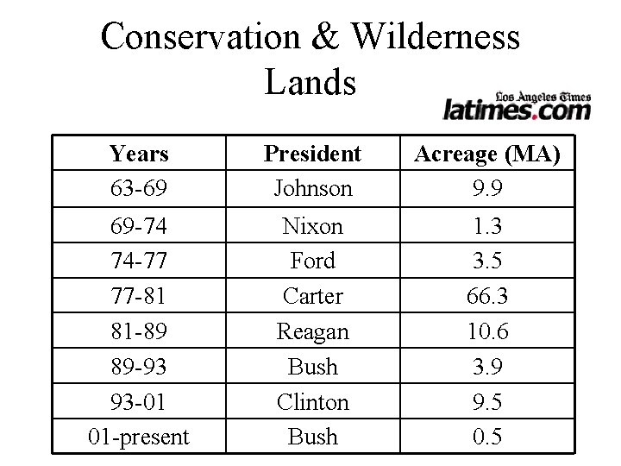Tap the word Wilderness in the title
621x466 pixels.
tap(437, 38)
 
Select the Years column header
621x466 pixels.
tap(139, 154)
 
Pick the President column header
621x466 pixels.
tap(312, 154)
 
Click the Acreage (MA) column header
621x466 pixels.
tap(487, 154)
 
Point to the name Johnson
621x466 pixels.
tap(312, 187)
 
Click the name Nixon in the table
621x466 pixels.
tap(312, 226)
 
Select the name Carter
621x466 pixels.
tap(312, 296)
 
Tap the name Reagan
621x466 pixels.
tap(312, 331)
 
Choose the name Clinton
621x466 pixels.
tap(312, 402)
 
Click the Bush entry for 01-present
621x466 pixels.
tap(312, 437)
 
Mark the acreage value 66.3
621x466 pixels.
tap(487, 296)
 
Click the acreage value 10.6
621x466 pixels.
tap(487, 331)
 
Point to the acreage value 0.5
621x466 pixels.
tap(487, 437)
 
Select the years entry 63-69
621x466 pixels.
tap(139, 187)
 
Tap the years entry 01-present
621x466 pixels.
tap(139, 437)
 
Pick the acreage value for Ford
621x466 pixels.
tap(487, 261)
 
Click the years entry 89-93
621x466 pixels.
tap(139, 367)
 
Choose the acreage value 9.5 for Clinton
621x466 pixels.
tap(487, 402)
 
